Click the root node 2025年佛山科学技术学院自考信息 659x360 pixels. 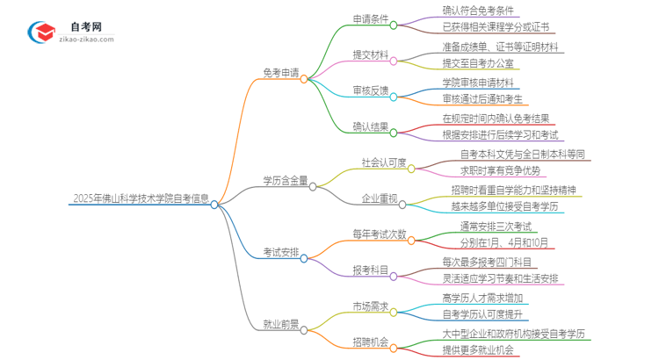tap(140, 198)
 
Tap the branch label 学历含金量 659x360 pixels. tap(285, 182)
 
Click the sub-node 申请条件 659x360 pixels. tap(370, 19)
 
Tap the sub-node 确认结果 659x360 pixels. tap(370, 128)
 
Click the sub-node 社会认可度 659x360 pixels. tap(384, 163)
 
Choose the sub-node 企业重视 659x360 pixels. tap(379, 199)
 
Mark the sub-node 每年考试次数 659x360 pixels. tap(380, 234)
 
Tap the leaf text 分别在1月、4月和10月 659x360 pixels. tap(493, 242)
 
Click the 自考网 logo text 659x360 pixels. tap(82, 25)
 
